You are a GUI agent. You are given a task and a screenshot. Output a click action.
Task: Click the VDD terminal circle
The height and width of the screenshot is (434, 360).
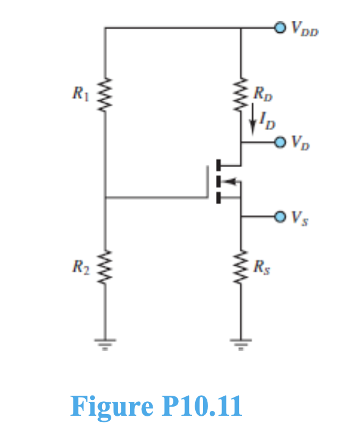click(x=279, y=27)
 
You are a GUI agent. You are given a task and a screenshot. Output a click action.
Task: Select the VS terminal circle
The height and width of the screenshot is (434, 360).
click(x=279, y=216)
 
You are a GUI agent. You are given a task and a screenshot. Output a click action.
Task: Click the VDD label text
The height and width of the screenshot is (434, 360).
click(x=303, y=28)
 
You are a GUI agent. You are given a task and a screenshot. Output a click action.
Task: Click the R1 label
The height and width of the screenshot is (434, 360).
click(x=79, y=94)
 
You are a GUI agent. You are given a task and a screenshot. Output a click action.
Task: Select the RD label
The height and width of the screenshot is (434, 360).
click(x=260, y=94)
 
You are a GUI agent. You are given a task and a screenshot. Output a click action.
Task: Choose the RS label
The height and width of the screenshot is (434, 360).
click(x=260, y=265)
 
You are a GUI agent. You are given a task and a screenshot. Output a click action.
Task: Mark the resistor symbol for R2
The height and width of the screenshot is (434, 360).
click(x=105, y=266)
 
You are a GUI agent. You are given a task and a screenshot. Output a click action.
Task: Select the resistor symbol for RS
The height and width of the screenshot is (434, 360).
click(x=241, y=266)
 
